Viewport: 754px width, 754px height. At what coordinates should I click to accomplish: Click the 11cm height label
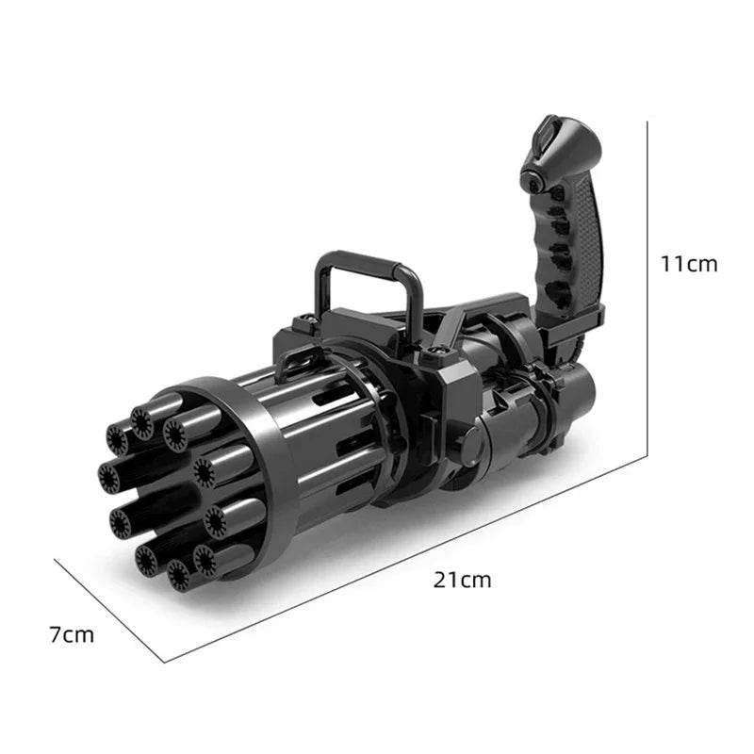688,264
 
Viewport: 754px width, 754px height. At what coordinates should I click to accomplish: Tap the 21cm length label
462,580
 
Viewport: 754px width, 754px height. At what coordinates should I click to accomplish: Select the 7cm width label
73,634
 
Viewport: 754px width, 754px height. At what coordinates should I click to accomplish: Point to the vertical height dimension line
647,283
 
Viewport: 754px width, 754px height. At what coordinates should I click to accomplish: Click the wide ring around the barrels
254,471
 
